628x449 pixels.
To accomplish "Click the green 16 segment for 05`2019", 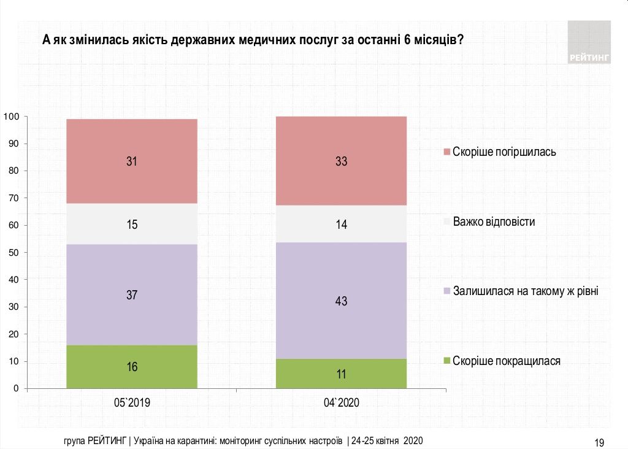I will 132,367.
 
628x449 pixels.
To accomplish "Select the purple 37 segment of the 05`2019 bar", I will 132,295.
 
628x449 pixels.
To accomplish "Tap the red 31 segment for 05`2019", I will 132,161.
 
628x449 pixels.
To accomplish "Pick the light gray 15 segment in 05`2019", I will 132,224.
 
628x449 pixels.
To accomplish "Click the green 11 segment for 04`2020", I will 341,374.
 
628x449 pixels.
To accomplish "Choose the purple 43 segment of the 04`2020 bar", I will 341,301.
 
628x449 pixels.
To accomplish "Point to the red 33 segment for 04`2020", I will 341,161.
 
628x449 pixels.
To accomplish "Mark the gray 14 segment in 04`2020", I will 341,224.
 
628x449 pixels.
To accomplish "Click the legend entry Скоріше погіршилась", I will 504,152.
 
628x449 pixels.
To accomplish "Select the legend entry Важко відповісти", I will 493,221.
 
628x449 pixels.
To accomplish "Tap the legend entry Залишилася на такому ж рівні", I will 524,291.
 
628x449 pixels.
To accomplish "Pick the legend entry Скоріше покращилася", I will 505,361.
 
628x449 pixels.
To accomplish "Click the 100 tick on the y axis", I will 12,117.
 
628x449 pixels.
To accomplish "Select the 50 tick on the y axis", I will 14,253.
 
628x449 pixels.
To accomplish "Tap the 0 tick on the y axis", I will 17,389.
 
